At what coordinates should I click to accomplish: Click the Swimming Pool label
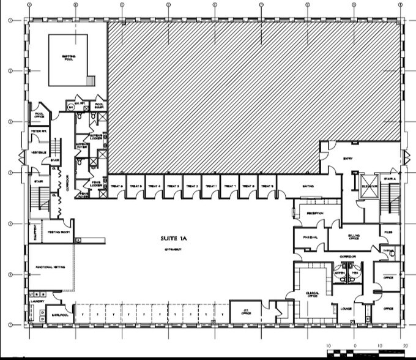[69, 58]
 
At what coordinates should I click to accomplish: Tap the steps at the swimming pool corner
[91, 81]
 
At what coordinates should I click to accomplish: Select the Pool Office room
[39, 114]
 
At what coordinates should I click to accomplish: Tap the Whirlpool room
[58, 314]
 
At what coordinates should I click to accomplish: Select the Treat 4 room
[154, 186]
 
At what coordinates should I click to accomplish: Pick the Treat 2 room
[191, 186]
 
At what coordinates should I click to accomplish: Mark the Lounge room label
[346, 309]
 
